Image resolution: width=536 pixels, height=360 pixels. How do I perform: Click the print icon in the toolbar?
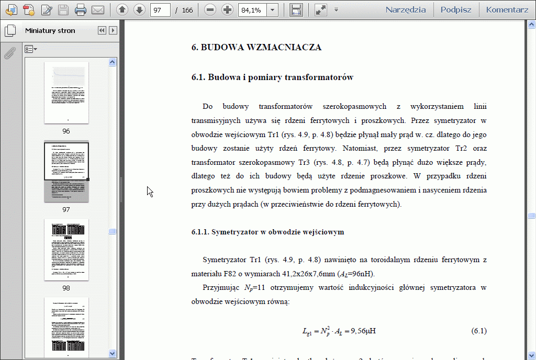click(81, 9)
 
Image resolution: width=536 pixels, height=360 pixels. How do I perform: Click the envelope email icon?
click(98, 9)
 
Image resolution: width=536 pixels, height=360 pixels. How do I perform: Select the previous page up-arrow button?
click(122, 9)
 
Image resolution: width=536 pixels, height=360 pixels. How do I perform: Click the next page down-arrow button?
click(139, 9)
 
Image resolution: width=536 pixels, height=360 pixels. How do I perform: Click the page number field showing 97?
click(160, 10)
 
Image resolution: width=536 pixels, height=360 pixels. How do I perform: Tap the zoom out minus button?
click(210, 9)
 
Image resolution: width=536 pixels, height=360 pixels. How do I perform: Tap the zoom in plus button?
click(227, 9)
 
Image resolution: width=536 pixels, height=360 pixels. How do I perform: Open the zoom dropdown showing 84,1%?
click(272, 10)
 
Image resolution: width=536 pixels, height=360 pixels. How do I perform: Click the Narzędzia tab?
click(405, 9)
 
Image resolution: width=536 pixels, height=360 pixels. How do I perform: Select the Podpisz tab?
click(456, 9)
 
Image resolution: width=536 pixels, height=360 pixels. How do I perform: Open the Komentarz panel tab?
click(507, 9)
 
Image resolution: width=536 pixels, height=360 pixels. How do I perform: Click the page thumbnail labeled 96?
click(66, 93)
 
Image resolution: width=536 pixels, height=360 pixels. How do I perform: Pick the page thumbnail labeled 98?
click(66, 250)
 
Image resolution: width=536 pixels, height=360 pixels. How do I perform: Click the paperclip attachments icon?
click(9, 52)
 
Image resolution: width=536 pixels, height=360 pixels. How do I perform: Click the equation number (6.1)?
click(479, 331)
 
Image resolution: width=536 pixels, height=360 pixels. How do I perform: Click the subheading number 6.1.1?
click(200, 232)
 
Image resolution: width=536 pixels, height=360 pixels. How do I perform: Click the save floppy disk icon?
click(63, 9)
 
